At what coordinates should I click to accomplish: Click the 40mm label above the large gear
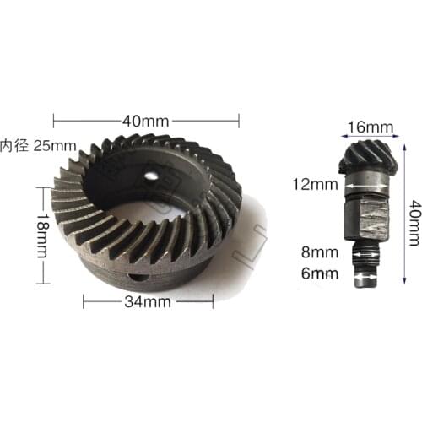pos(146,120)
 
